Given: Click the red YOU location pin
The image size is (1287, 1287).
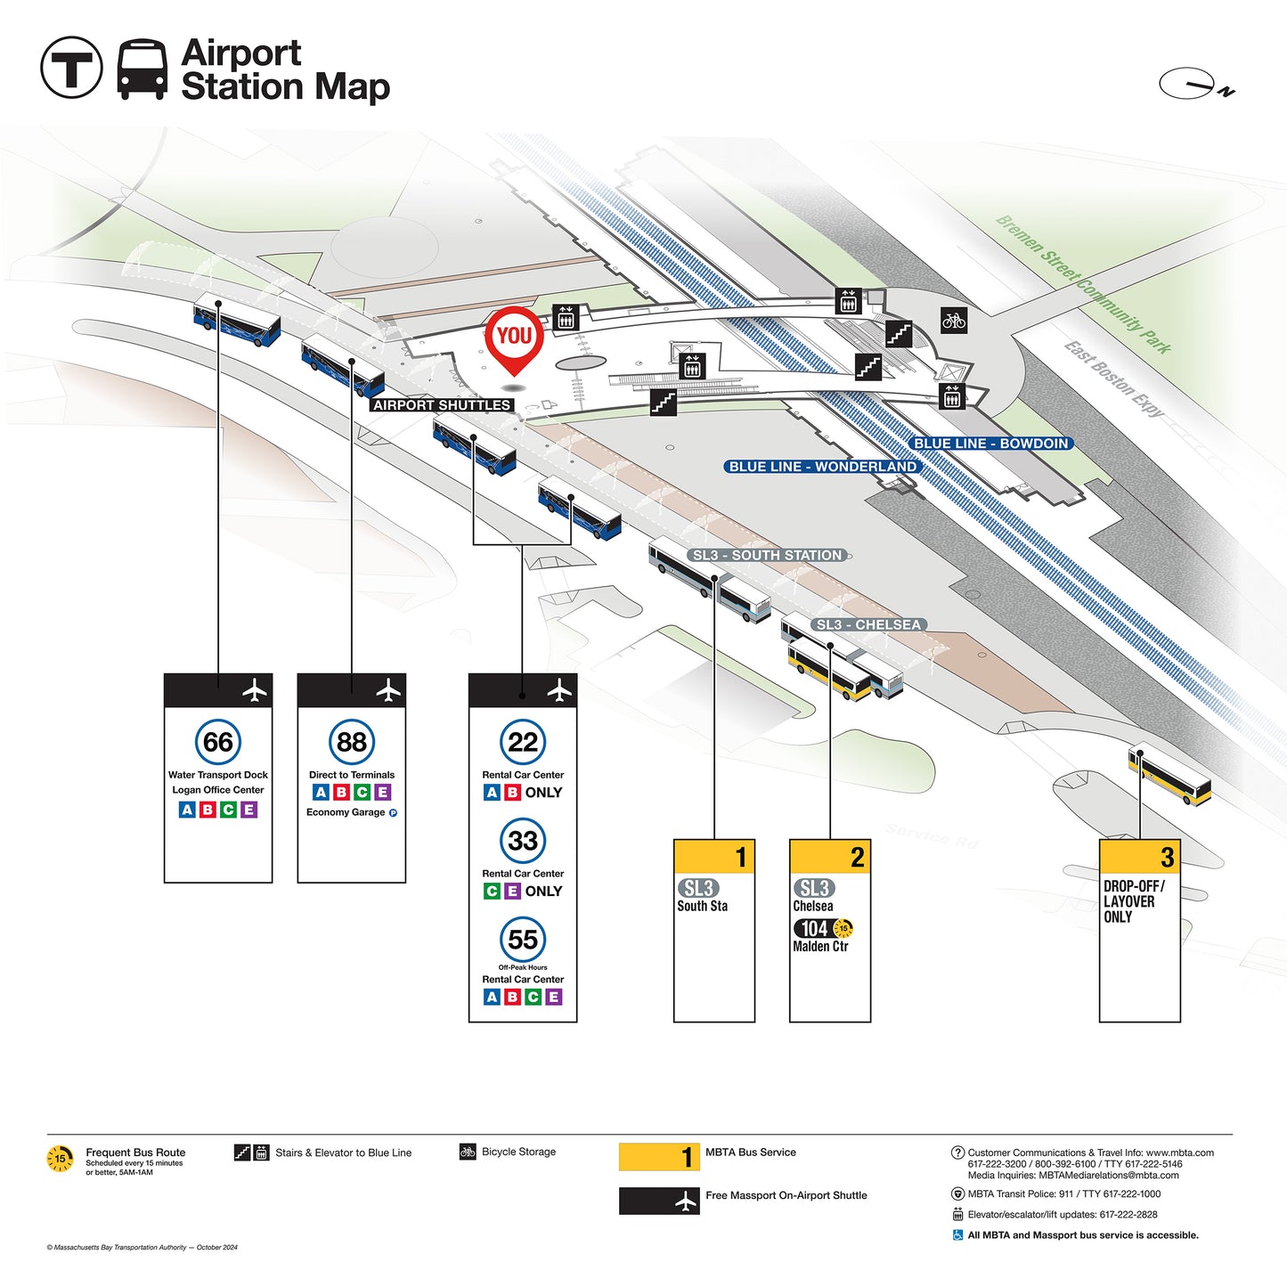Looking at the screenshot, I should tap(514, 338).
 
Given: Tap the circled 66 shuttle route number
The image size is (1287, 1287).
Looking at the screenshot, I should tap(218, 742).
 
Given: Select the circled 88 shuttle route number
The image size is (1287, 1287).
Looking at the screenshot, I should tap(352, 742).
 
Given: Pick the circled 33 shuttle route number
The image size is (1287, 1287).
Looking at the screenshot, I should tap(523, 840).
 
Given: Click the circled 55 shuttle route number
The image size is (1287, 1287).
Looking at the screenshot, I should tap(523, 939).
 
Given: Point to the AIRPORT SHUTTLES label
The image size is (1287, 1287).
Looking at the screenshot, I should tap(442, 405).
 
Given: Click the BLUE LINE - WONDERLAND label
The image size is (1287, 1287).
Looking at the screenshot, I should tap(821, 467).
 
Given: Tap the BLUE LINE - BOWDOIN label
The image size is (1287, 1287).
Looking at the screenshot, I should tap(990, 444).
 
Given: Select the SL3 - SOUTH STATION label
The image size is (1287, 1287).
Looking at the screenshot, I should tap(767, 555).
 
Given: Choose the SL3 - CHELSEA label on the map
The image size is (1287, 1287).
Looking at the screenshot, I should tap(868, 624).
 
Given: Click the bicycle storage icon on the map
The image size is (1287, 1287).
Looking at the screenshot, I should tap(953, 320).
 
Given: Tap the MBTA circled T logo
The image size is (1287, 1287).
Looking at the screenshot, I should tap(72, 68).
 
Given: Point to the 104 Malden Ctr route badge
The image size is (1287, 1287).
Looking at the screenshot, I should tap(815, 928).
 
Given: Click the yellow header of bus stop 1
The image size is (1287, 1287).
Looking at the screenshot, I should tap(714, 857).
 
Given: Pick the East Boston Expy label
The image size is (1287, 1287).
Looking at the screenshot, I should tap(1114, 379).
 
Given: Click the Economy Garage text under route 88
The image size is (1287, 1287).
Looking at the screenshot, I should tap(346, 812).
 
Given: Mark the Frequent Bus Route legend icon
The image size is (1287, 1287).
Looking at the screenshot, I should tap(61, 1159).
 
